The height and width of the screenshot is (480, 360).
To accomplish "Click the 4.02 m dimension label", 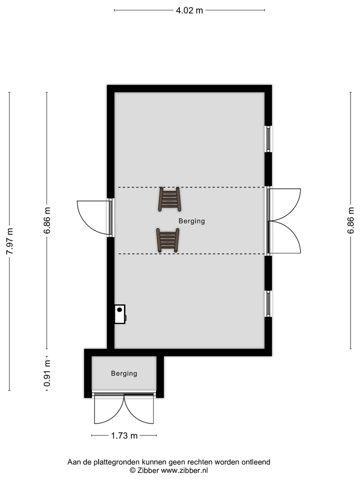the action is click(189, 10).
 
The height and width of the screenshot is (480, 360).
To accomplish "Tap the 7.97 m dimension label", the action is click(10, 241).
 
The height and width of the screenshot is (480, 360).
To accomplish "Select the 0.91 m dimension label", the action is click(47, 373).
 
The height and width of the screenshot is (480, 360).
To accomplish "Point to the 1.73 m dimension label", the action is click(124, 435).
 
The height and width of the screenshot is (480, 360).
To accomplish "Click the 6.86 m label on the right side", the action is click(351, 220).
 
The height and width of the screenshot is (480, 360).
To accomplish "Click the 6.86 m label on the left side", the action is click(47, 220).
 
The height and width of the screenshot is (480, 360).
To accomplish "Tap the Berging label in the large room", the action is click(192, 221).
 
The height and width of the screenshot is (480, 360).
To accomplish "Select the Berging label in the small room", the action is click(124, 373).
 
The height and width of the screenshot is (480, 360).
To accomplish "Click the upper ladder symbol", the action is click(169, 199).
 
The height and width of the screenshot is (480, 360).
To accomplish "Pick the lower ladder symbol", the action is click(167, 240).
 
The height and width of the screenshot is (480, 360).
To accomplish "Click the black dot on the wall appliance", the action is click(119, 310).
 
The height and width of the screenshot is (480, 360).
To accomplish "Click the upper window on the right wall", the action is click(268, 139).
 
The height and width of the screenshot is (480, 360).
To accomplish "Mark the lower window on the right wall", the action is click(268, 304).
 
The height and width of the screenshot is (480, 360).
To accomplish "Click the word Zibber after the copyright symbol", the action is click(148, 471).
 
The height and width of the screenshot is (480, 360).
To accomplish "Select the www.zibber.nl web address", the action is click(184, 471).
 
